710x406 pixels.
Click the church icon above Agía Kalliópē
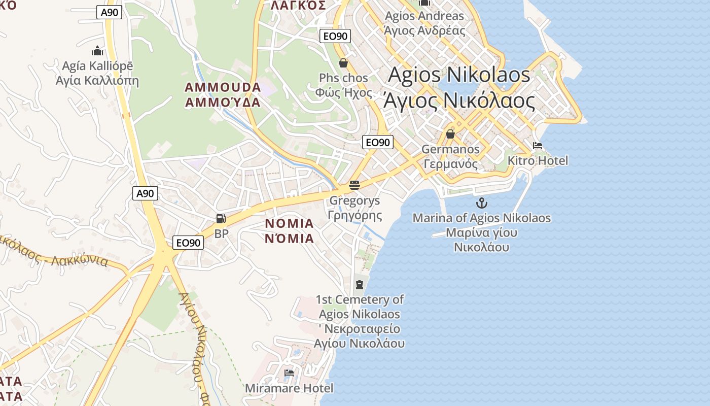click(x=97, y=51)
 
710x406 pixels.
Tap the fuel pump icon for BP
click(x=221, y=219)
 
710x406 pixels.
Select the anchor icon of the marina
click(x=481, y=203)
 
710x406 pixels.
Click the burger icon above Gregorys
click(x=354, y=185)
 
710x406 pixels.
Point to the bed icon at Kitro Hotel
click(x=538, y=146)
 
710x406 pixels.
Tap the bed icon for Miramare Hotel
click(x=289, y=373)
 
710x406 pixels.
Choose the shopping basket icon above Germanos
click(x=450, y=134)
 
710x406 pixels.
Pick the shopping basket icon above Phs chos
click(x=343, y=63)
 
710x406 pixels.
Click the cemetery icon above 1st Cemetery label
click(x=360, y=284)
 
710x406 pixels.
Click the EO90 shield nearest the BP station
click(x=188, y=243)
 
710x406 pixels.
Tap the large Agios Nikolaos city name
click(x=459, y=87)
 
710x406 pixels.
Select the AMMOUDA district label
click(x=223, y=94)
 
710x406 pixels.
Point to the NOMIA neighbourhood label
click(x=290, y=231)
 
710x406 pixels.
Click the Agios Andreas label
click(x=424, y=23)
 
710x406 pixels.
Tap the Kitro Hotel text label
click(x=538, y=161)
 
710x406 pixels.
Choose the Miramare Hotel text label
click(x=289, y=388)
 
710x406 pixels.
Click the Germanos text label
click(x=451, y=156)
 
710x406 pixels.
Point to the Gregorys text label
click(x=354, y=208)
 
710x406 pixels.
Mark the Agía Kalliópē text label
click(x=97, y=73)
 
